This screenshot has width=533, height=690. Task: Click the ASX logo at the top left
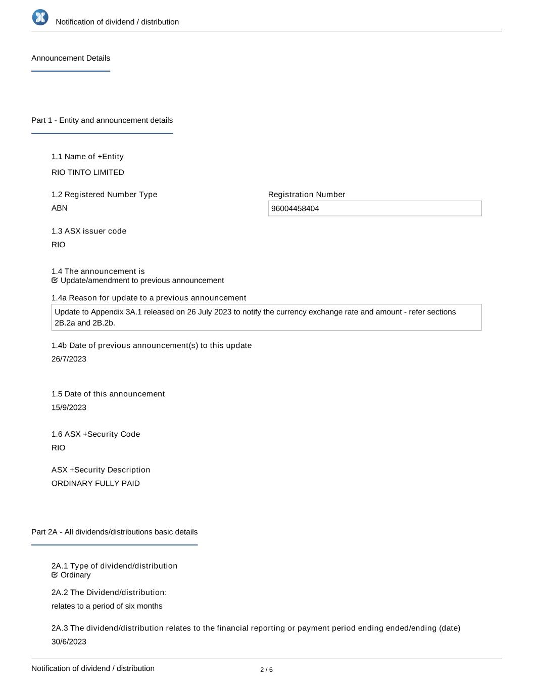tap(40, 17)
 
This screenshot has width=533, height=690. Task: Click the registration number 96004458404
tap(295, 209)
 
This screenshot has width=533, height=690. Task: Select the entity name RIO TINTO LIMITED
tap(88, 172)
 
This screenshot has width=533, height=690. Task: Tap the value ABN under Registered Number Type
tap(60, 208)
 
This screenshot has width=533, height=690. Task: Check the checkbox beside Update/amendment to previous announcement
tap(55, 281)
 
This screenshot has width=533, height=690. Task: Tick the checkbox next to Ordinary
tap(55, 575)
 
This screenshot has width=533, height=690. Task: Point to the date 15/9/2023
tap(69, 407)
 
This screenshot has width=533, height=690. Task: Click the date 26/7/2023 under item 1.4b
tap(69, 359)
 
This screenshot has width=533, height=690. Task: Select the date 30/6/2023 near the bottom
tap(69, 641)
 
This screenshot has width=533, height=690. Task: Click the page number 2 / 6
tap(266, 670)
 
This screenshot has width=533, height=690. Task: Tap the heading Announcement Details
tap(71, 58)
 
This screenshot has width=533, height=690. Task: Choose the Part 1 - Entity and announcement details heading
tap(102, 120)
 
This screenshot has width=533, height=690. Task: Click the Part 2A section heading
tap(114, 532)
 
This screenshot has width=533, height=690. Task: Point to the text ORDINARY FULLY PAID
tap(95, 483)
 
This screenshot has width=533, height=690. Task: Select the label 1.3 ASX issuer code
tap(89, 231)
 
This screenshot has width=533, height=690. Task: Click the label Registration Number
tap(307, 195)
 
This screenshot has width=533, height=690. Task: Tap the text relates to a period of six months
tap(107, 606)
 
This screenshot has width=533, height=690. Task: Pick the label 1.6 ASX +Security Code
tap(95, 434)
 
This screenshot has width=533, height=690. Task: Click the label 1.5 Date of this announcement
tap(108, 394)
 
